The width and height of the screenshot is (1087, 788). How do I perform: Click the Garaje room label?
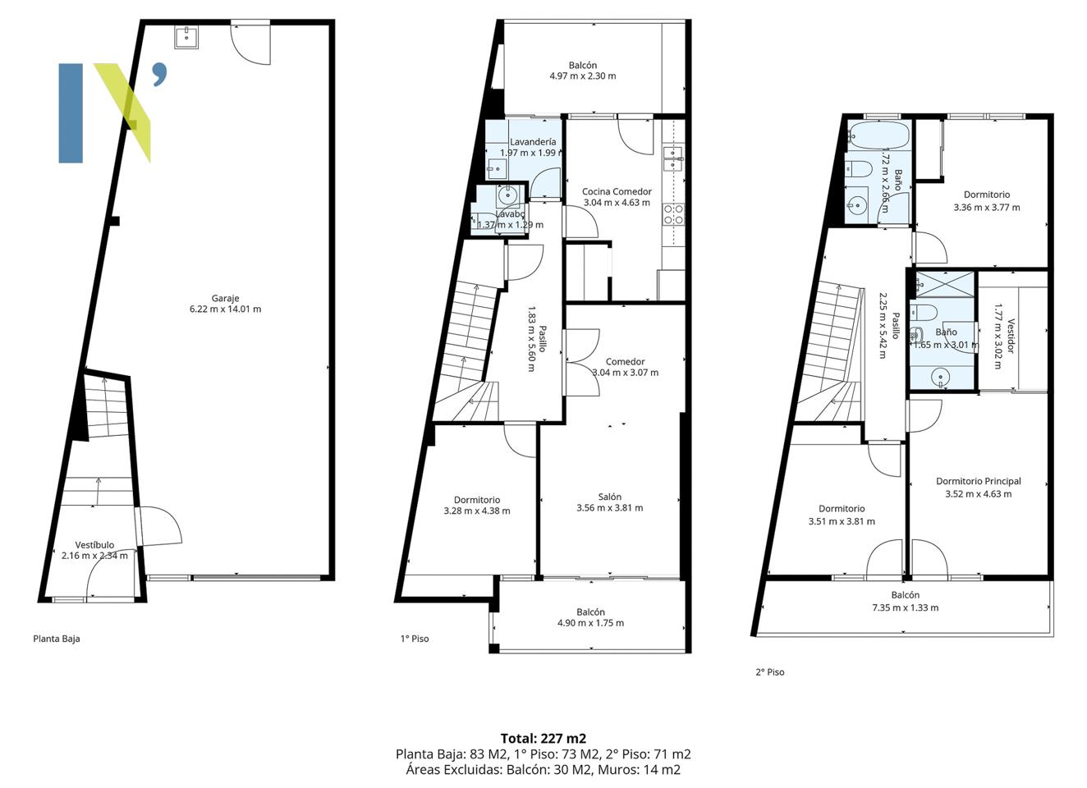225,299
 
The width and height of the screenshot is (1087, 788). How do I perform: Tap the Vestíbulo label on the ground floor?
94,545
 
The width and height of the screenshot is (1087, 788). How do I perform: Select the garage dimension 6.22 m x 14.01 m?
225,309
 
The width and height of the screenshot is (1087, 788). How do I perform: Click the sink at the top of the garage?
186,38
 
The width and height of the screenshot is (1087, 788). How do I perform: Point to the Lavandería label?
533,142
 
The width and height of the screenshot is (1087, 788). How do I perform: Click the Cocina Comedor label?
617,191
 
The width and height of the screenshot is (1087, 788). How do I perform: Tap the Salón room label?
609,497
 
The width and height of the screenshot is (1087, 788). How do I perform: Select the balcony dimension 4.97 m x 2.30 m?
583,76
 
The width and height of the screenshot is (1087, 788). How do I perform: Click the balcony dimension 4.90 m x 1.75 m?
590,623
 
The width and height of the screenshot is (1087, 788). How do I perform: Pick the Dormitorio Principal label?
979,481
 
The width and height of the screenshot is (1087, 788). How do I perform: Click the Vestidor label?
1011,336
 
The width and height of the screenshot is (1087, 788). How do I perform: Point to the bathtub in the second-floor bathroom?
878,135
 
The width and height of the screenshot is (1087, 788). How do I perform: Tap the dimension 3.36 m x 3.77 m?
987,208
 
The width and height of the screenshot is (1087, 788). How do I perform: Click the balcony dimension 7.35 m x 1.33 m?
905,607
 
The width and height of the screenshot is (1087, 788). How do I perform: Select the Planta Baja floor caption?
57,639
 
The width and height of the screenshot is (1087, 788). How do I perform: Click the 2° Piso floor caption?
769,672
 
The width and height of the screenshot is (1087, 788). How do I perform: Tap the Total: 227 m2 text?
543,739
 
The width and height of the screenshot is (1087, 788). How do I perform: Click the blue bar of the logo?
71,113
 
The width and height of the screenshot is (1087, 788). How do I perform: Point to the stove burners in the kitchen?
673,214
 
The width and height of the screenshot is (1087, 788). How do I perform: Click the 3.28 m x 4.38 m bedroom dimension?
477,511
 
